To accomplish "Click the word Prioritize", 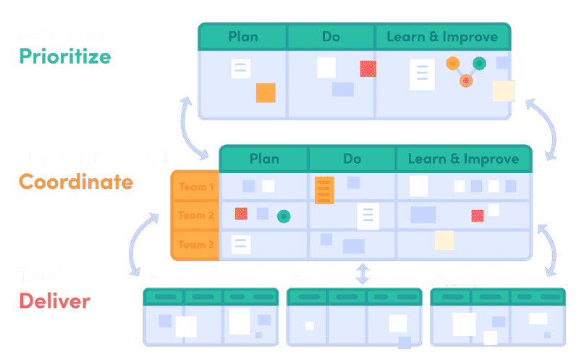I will tap(65, 56).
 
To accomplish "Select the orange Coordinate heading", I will tap(76, 181).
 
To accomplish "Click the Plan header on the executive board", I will tap(243, 36).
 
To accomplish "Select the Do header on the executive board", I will tap(331, 36).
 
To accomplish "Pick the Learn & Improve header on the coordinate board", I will tap(463, 159).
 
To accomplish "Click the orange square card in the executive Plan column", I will tap(266, 93).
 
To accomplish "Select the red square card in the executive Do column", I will tap(368, 69).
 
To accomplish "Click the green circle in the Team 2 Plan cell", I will tap(284, 215).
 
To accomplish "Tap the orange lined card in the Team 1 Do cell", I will tap(324, 189).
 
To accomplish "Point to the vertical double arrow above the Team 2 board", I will tap(363, 273).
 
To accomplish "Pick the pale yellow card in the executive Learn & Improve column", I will tap(503, 91).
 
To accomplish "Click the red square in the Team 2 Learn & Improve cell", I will tap(478, 215).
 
